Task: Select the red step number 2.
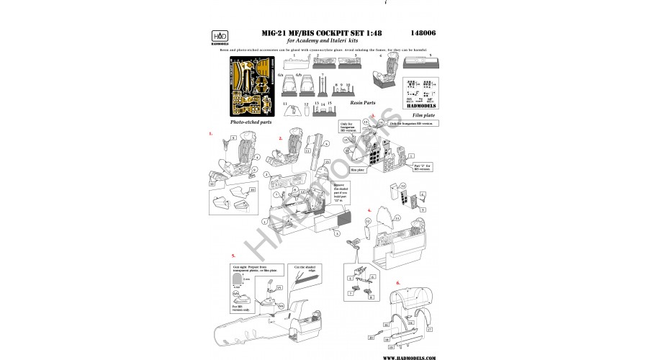click(x=270, y=137)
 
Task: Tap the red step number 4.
click(x=369, y=210)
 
